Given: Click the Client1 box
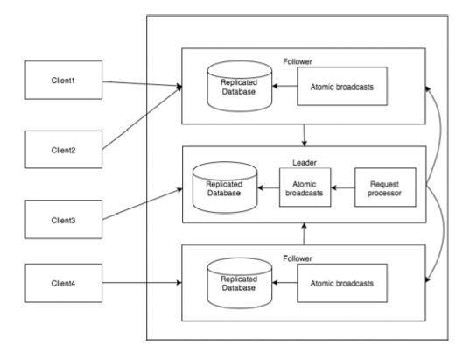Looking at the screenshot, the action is pos(64,80).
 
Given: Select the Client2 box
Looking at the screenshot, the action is pos(64,150).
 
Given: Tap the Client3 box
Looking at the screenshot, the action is pos(64,219).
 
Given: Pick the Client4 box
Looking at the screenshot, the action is pos(64,283).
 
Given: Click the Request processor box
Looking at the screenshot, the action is pos(385,187).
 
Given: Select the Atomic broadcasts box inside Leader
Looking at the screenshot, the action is pos(305,187).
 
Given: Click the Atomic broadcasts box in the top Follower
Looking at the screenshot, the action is pos(342,86).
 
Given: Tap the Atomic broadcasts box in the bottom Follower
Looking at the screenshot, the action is pos(342,283).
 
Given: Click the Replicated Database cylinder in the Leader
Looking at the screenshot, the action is pos(225,187).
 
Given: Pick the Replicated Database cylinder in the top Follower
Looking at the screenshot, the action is pos(240,87).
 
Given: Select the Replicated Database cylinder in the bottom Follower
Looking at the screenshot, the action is pos(240,283).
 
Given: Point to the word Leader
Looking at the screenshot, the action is pos(305,163).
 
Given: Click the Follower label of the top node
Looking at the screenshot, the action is pos(298,61).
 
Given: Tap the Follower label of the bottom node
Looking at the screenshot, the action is pos(298,258).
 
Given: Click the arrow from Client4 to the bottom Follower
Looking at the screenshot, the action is pos(142,283).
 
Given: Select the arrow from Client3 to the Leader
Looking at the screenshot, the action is pos(143,204).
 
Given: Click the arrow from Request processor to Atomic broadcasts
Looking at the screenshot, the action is pos(343,187).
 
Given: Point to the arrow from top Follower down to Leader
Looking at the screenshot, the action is pos(304,135).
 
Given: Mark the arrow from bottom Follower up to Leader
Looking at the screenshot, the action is pos(304,234).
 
